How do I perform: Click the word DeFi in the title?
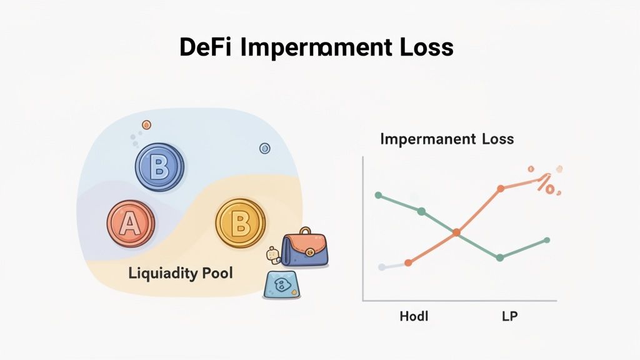tap(204, 47)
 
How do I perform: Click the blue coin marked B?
tap(159, 167)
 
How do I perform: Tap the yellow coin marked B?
tap(240, 223)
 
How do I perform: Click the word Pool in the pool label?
tap(215, 274)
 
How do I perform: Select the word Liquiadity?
tap(161, 274)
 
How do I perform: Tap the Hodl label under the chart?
tap(414, 316)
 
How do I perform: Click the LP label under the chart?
tap(509, 316)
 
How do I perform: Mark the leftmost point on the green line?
tap(378, 195)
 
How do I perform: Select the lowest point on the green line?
tap(500, 257)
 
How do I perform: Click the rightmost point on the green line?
tap(547, 240)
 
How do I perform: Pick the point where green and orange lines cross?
tap(456, 232)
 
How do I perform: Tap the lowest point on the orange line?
tap(408, 263)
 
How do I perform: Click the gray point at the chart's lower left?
tap(382, 267)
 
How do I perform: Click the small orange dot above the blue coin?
tap(147, 125)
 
